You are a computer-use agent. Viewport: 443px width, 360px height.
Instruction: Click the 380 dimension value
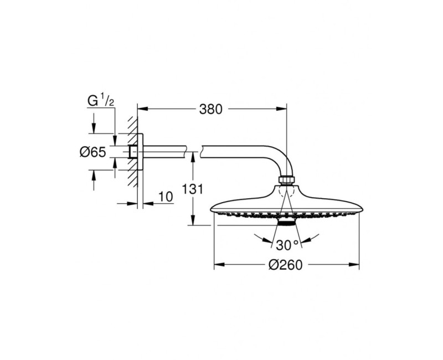[211, 109]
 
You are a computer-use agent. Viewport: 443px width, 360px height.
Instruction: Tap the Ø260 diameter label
[285, 265]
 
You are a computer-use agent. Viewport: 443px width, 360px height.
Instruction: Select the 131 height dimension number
[192, 189]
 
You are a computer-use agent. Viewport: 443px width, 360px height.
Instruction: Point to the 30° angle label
[287, 245]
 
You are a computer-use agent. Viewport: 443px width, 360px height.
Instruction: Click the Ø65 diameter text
[93, 152]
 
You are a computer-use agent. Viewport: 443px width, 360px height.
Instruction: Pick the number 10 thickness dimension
[166, 197]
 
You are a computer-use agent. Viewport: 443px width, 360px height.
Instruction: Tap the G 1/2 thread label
[101, 101]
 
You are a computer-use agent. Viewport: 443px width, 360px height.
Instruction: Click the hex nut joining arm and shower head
[287, 179]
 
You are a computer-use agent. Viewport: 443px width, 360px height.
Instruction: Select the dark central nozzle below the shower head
[286, 223]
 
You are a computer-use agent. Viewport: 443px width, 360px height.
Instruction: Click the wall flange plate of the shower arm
[140, 151]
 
